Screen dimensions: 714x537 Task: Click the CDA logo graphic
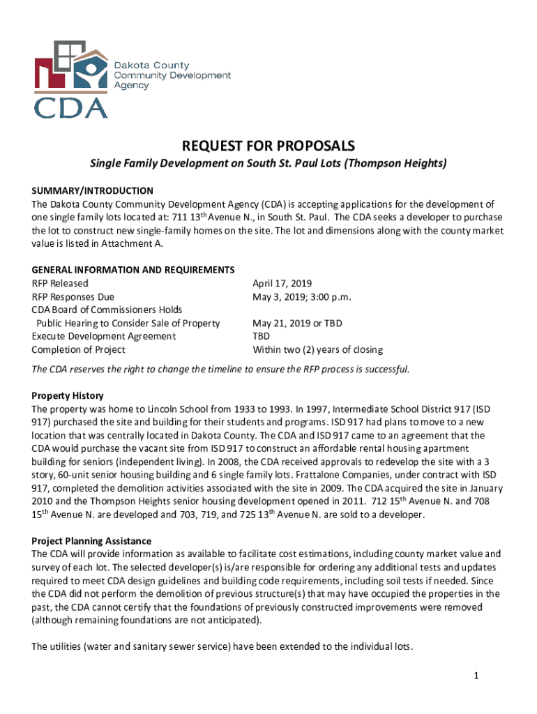71,78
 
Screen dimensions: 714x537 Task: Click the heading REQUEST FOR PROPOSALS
268,146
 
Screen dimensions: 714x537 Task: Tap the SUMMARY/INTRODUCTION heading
93,190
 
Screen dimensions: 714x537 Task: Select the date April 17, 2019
282,283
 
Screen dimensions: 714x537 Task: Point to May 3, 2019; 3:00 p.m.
302,296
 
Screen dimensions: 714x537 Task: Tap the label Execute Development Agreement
104,336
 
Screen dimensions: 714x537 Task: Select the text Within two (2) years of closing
317,349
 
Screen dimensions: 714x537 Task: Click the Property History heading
68,395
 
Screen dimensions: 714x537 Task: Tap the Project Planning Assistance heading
91,540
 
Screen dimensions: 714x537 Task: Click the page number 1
474,675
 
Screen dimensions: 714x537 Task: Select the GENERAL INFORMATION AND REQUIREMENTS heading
133,270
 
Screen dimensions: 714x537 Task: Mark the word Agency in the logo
131,85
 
